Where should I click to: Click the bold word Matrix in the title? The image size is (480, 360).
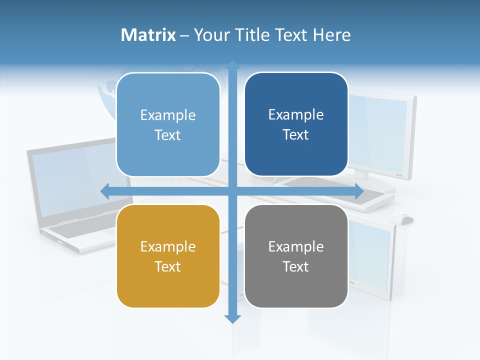148,35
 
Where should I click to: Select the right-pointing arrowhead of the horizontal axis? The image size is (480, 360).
358,191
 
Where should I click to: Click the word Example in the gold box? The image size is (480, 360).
168,247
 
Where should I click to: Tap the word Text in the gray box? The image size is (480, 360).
296,266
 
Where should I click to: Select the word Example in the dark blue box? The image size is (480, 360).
296,115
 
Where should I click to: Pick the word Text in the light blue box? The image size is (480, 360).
168,135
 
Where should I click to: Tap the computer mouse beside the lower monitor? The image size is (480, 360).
406,218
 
